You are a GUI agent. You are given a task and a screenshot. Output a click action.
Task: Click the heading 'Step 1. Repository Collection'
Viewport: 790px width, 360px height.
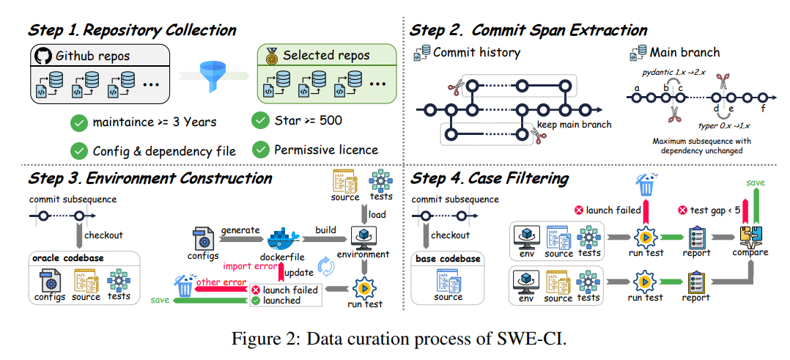coord(132,30)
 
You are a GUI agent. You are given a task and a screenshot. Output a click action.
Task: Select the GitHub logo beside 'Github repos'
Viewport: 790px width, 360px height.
coord(43,55)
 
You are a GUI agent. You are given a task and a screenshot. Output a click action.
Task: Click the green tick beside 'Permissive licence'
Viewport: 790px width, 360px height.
coord(259,150)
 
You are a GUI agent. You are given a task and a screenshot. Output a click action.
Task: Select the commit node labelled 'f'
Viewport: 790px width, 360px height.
coord(763,98)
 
